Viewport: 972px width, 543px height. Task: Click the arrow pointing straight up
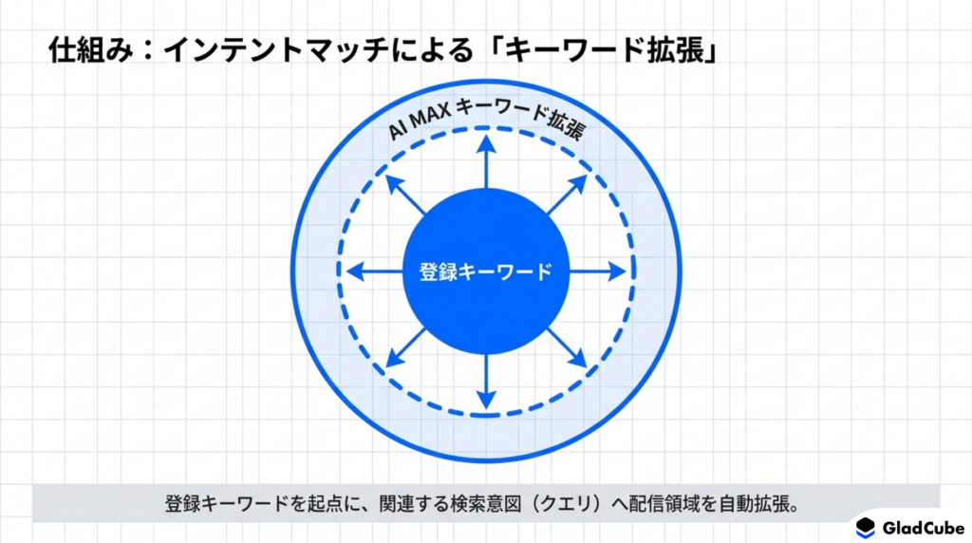point(486,162)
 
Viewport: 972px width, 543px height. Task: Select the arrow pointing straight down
point(486,382)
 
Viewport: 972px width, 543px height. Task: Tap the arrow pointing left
point(375,271)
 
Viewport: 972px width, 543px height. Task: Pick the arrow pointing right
point(598,271)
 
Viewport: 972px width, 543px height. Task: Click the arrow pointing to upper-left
point(405,196)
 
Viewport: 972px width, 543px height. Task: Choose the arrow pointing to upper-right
point(567,196)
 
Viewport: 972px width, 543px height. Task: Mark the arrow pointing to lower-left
point(405,347)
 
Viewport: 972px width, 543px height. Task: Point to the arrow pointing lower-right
point(567,347)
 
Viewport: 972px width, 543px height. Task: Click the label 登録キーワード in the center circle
point(485,271)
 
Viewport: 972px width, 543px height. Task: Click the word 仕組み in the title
point(90,50)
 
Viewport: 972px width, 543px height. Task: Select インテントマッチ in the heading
point(276,50)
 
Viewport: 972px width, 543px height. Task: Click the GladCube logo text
point(923,528)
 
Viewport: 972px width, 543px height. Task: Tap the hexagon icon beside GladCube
point(866,528)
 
